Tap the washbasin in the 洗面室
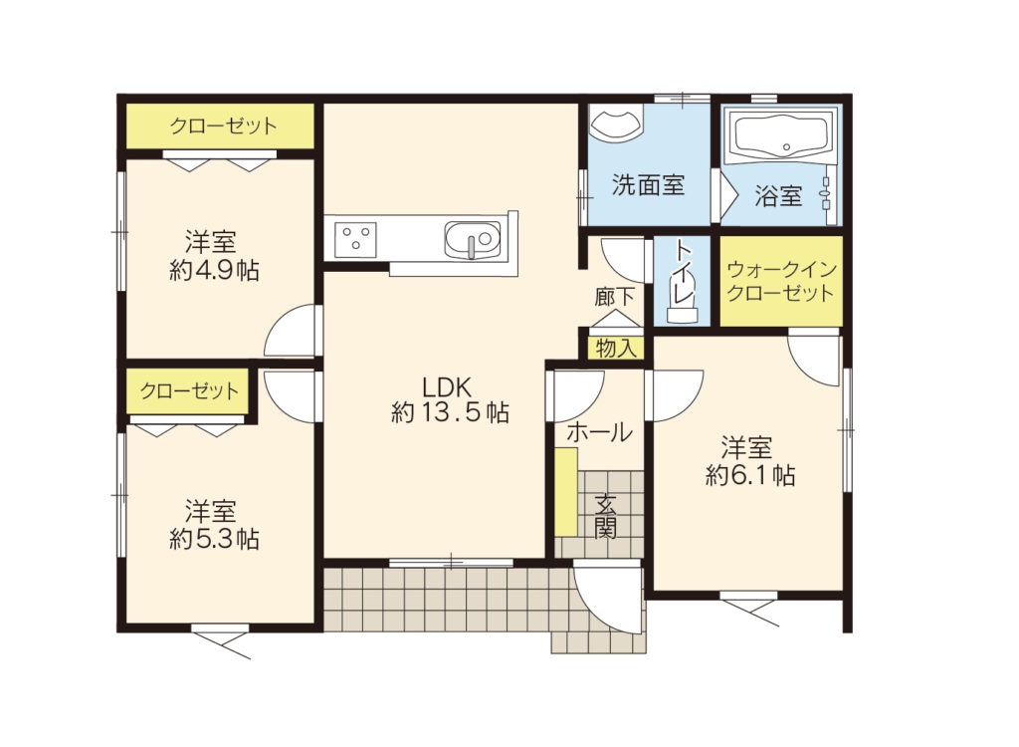[615, 124]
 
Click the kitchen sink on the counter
[473, 240]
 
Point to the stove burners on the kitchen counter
[355, 239]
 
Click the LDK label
[447, 387]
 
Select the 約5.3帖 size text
[214, 539]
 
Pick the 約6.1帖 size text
[750, 475]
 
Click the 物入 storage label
[615, 349]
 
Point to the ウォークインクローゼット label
[780, 281]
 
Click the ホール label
[599, 432]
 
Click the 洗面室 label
[648, 185]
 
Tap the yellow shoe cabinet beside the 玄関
[566, 491]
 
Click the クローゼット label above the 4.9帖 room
[223, 124]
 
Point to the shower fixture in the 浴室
[827, 192]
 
